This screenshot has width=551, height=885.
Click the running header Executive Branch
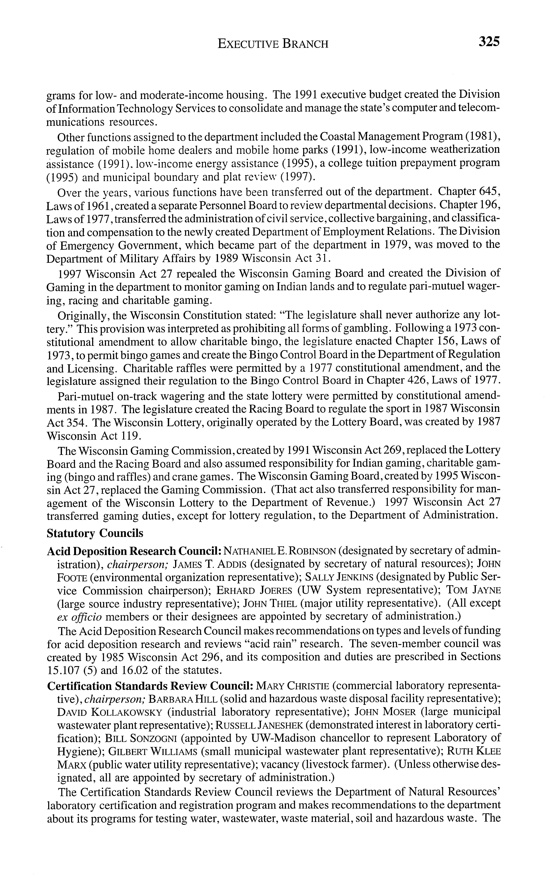(273, 44)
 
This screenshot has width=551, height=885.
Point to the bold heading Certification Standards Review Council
(150, 686)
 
